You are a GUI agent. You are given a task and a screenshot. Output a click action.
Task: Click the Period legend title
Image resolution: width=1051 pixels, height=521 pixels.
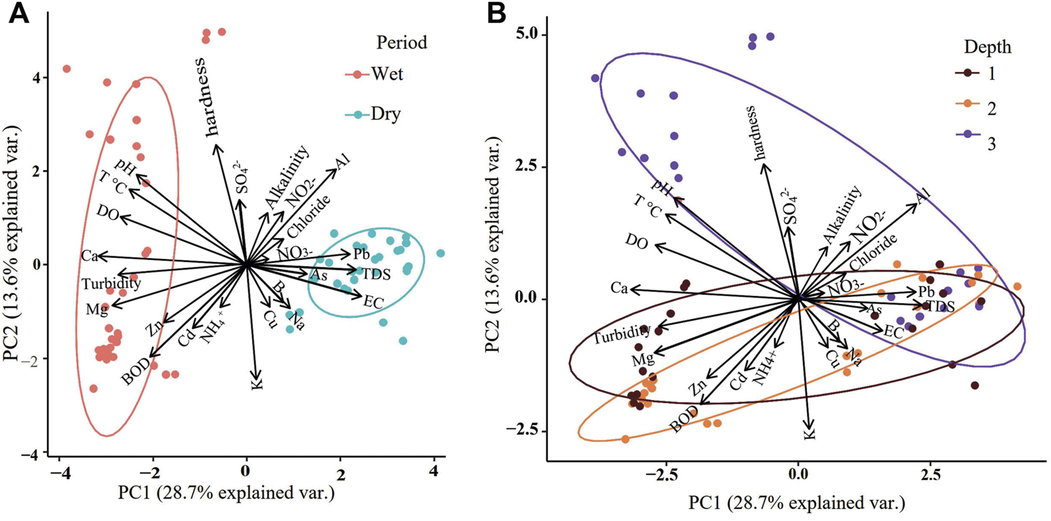pyautogui.click(x=401, y=43)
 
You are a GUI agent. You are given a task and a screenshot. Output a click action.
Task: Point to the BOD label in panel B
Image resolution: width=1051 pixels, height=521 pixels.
pyautogui.click(x=684, y=418)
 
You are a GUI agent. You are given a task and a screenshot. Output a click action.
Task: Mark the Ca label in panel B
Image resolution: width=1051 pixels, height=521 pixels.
pyautogui.click(x=618, y=288)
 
